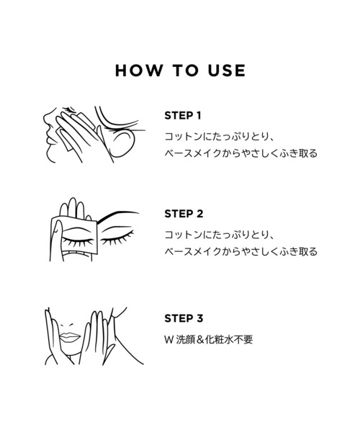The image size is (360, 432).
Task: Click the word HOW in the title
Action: [139, 71]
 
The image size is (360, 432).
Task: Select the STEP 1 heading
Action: [183, 116]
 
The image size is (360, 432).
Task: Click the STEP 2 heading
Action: [184, 214]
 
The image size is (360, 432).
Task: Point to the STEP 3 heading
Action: [184, 318]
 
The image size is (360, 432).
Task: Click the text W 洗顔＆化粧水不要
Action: [209, 339]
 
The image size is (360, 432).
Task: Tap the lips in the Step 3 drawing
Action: [70, 337]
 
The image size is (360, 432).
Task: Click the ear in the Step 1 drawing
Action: [121, 143]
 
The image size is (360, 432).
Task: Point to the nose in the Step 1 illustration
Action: [47, 121]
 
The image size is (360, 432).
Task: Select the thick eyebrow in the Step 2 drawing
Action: [117, 215]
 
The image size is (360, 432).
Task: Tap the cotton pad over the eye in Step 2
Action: [74, 235]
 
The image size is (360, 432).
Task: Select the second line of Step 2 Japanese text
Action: [241, 251]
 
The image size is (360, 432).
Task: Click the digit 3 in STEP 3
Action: [199, 318]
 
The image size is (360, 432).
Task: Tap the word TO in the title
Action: [186, 71]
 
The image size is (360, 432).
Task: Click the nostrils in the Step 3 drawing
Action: [67, 325]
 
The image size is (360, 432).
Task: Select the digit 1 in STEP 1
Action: [199, 116]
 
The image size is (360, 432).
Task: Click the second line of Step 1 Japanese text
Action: [241, 153]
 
